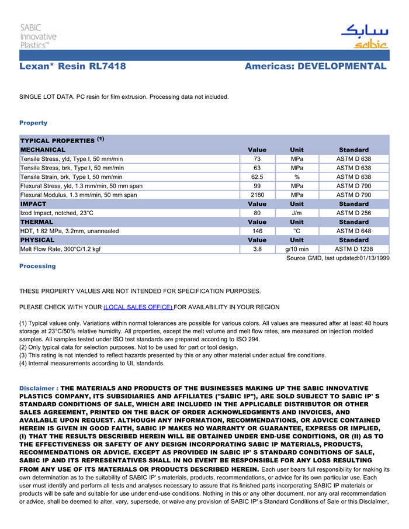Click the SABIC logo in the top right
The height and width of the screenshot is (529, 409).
click(364, 36)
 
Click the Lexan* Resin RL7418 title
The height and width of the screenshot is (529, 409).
click(72, 66)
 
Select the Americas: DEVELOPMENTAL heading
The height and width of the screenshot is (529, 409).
click(316, 66)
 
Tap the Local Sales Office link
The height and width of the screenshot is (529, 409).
click(138, 307)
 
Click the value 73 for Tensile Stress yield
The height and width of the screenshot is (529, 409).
click(257, 159)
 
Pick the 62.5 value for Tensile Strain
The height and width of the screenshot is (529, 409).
click(257, 177)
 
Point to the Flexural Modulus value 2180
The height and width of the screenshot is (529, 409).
click(257, 195)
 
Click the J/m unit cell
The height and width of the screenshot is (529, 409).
click(297, 213)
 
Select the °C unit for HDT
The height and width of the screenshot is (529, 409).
click(297, 231)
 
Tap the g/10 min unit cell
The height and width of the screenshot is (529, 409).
click(297, 250)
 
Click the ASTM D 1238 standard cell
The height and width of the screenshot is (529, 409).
click(353, 250)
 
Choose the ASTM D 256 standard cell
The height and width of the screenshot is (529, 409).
click(353, 213)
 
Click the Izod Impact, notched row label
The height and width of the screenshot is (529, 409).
click(57, 213)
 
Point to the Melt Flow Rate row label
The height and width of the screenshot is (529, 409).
click(61, 250)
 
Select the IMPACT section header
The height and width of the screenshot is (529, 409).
click(33, 204)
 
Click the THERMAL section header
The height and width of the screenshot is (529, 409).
click(36, 222)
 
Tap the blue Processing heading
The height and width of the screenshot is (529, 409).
click(37, 266)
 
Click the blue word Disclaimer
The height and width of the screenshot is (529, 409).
click(37, 388)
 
